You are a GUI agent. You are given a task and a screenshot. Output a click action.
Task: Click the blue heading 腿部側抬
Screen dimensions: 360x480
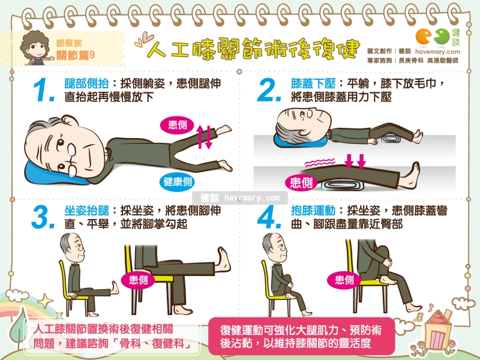[84, 83]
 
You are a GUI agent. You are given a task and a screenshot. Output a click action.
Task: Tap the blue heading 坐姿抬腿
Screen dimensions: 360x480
[84, 211]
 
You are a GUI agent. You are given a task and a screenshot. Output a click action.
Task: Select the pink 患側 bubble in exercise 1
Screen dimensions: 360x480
[176, 125]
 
